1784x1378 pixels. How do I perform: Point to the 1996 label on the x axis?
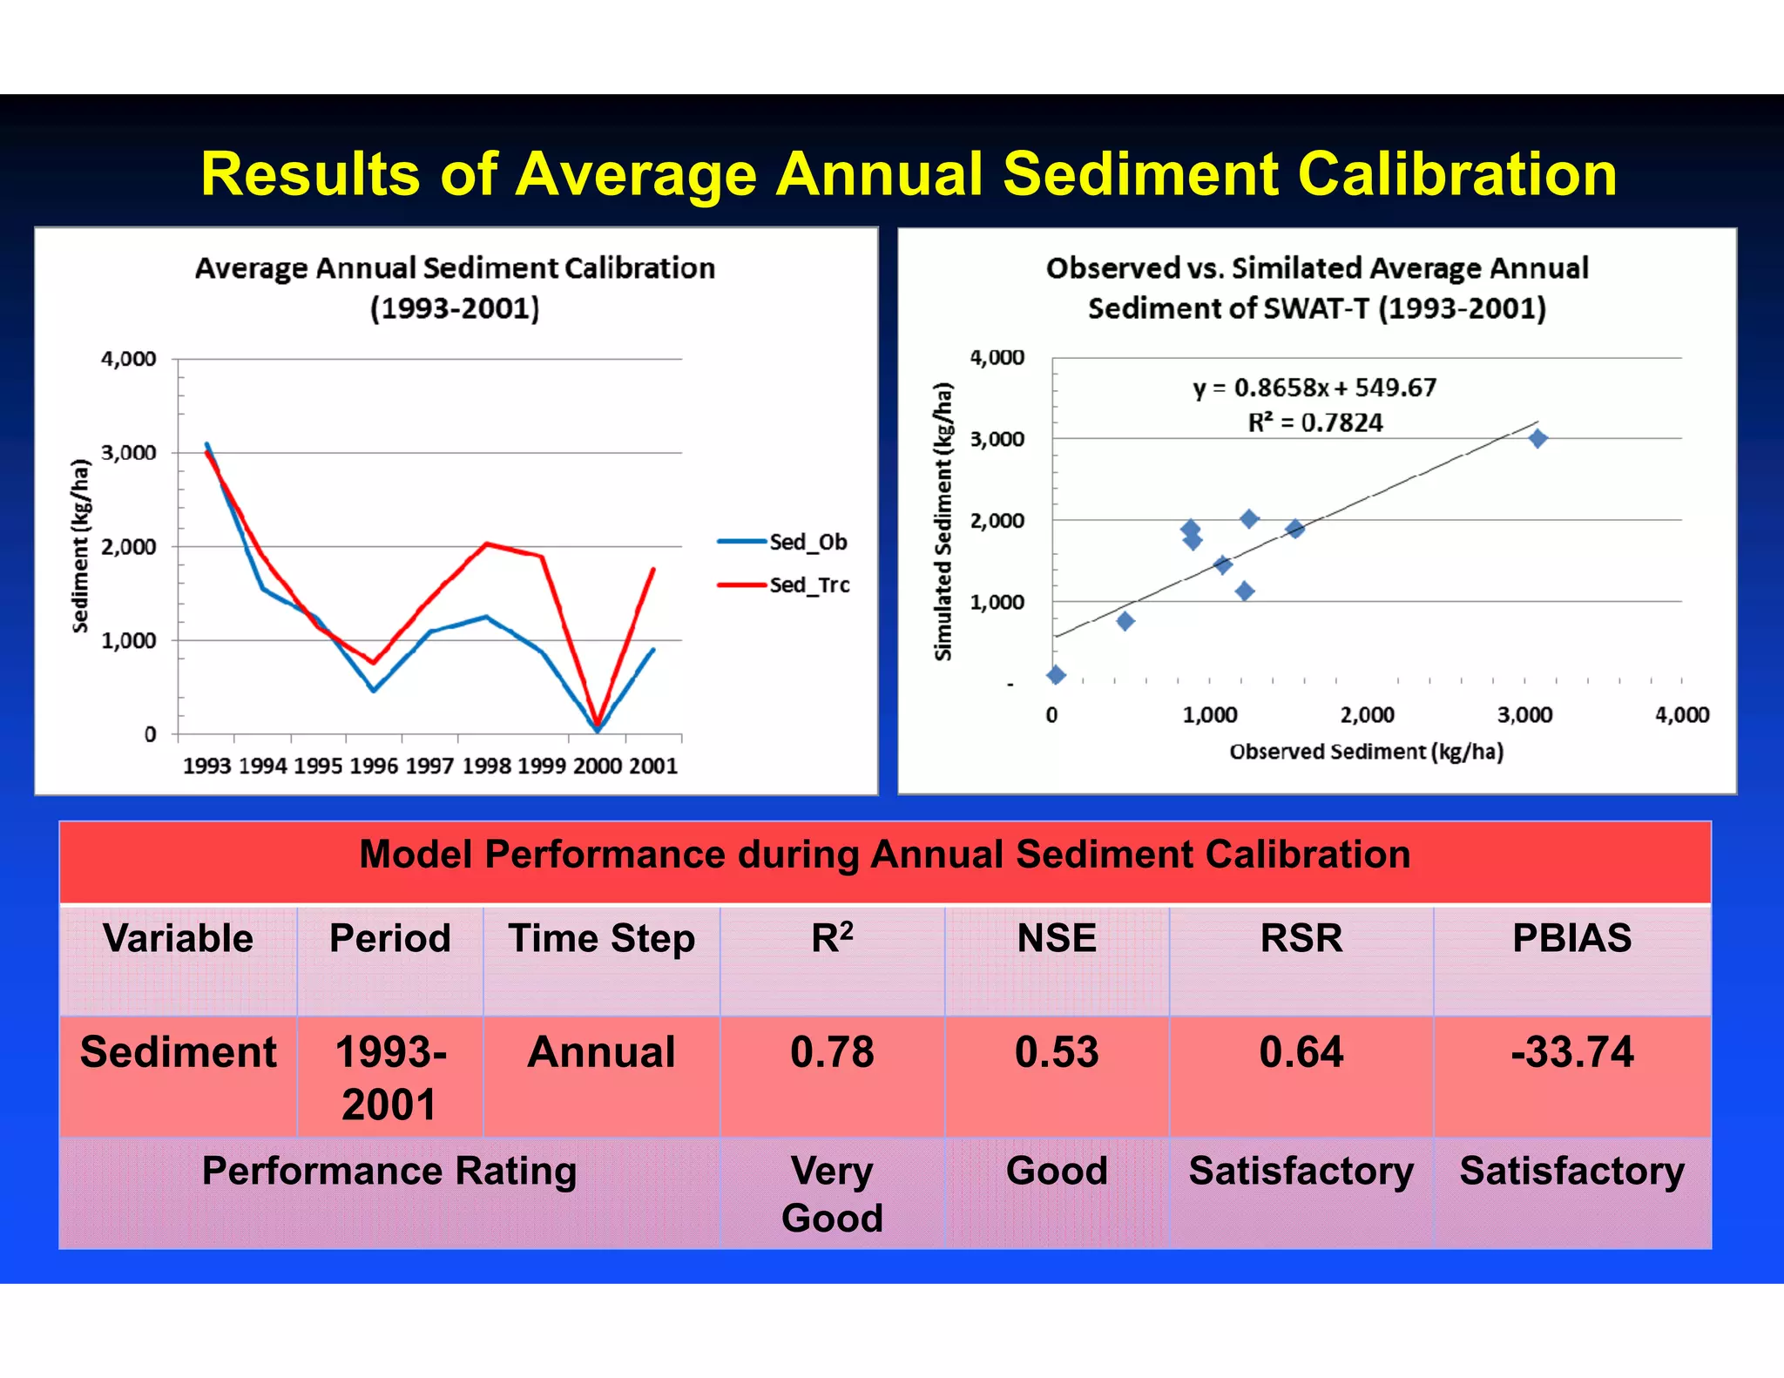[x=374, y=766]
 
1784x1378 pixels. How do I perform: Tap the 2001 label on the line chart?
[x=653, y=766]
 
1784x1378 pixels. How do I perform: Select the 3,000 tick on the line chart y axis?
[x=129, y=453]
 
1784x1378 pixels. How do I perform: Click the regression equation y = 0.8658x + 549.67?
[x=1314, y=388]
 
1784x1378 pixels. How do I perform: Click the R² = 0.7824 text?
[x=1314, y=423]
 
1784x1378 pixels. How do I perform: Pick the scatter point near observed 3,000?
[x=1538, y=438]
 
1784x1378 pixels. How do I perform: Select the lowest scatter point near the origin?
[x=1056, y=674]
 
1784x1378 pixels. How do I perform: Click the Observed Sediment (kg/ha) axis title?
[x=1366, y=752]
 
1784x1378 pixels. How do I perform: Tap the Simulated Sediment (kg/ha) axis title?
[x=943, y=521]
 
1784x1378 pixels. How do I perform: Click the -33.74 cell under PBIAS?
[x=1571, y=1052]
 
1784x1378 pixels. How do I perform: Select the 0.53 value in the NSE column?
[x=1057, y=1052]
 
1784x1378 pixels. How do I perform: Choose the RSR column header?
[x=1301, y=939]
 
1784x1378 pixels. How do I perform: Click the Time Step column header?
[x=601, y=939]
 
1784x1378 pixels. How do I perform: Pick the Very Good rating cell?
[x=832, y=1193]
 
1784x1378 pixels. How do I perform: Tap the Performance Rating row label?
[x=389, y=1172]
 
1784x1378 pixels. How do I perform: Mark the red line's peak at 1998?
[x=486, y=544]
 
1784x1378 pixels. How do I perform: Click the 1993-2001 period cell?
[x=389, y=1077]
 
